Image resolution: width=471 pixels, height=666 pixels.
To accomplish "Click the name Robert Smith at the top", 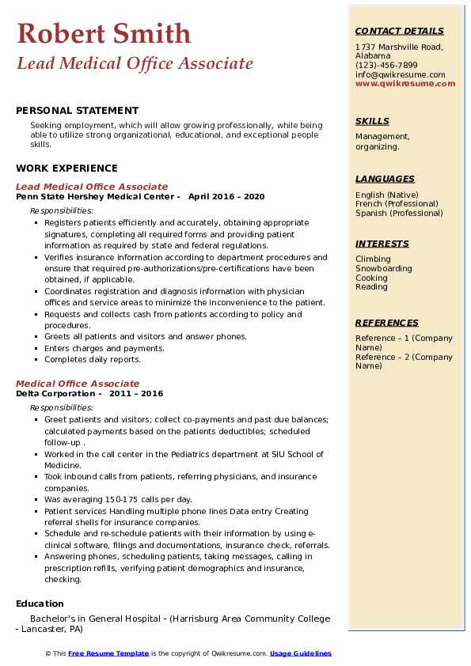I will pyautogui.click(x=103, y=33).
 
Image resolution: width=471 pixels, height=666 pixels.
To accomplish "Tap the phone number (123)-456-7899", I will pyautogui.click(x=386, y=65).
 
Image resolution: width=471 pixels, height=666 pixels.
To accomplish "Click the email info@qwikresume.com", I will pyautogui.click(x=400, y=74).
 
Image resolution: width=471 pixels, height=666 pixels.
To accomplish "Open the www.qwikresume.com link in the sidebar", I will pyautogui.click(x=405, y=83).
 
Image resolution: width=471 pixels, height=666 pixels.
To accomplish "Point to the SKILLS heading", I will pyautogui.click(x=372, y=121).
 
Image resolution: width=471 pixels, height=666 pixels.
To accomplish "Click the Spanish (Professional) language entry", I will pyautogui.click(x=400, y=213).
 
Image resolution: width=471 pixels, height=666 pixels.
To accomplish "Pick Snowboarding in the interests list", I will pyautogui.click(x=383, y=269).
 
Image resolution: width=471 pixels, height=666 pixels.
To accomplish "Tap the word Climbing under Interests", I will pyautogui.click(x=373, y=259).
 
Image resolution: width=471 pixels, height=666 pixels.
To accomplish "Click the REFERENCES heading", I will pyautogui.click(x=387, y=323).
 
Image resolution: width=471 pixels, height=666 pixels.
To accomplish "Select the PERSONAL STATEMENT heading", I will pyautogui.click(x=77, y=111).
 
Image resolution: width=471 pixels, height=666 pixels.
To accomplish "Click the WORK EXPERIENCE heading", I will pyautogui.click(x=66, y=168).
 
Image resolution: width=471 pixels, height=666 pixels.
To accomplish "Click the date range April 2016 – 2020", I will pyautogui.click(x=226, y=197).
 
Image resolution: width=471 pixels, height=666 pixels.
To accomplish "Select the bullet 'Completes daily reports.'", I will pyautogui.click(x=93, y=360).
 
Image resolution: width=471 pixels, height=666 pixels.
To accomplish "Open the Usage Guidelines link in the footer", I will pyautogui.click(x=300, y=653).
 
